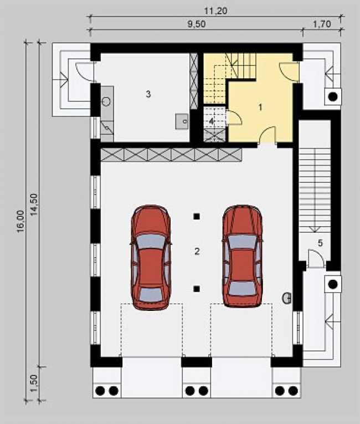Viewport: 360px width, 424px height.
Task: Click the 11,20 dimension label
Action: pyautogui.click(x=215, y=11)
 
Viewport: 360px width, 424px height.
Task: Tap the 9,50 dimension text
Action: pyautogui.click(x=197, y=24)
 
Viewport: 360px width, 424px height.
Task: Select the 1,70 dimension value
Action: pyautogui.click(x=322, y=24)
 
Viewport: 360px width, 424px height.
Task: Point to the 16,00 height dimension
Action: pyautogui.click(x=21, y=222)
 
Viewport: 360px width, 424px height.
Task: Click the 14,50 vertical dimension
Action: pyautogui.click(x=34, y=205)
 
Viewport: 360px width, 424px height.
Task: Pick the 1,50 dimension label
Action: pyautogui.click(x=34, y=383)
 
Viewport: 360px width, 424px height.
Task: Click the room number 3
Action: pyautogui.click(x=148, y=94)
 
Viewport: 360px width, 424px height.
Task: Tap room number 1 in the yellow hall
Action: pyautogui.click(x=260, y=108)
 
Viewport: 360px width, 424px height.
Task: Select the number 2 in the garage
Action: pyautogui.click(x=197, y=251)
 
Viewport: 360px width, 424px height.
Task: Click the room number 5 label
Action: pyautogui.click(x=320, y=243)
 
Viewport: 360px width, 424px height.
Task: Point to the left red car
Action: pyautogui.click(x=151, y=257)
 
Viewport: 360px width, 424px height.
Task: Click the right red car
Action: pyautogui.click(x=243, y=257)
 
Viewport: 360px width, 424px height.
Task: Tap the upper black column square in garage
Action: pyautogui.click(x=197, y=216)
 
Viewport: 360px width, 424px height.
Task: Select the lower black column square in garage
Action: pyautogui.click(x=197, y=289)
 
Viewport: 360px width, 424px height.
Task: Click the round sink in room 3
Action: pyautogui.click(x=106, y=101)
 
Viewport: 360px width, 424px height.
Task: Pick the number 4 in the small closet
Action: pyautogui.click(x=212, y=121)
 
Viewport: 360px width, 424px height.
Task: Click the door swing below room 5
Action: pyautogui.click(x=316, y=258)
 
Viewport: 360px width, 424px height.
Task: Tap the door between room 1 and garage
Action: pyautogui.click(x=267, y=135)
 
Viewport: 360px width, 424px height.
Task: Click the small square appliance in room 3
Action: pyautogui.click(x=182, y=121)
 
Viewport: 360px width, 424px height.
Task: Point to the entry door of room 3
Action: pyautogui.click(x=85, y=71)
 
